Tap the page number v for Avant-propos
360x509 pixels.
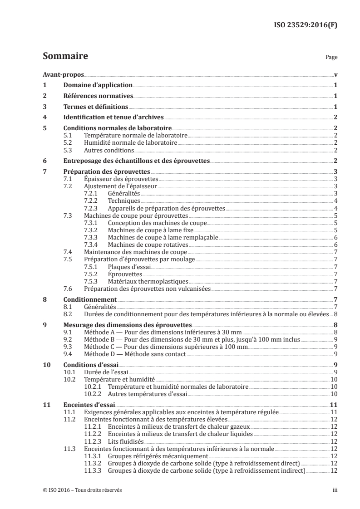[x=335, y=74]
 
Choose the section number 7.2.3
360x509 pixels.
[x=92, y=209]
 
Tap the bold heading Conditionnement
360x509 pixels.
[x=90, y=299]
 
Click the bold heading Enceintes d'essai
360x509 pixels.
[x=89, y=405]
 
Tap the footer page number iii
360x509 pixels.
[x=334, y=490]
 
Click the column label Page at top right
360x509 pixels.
[x=331, y=58]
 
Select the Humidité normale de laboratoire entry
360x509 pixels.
[x=130, y=143]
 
